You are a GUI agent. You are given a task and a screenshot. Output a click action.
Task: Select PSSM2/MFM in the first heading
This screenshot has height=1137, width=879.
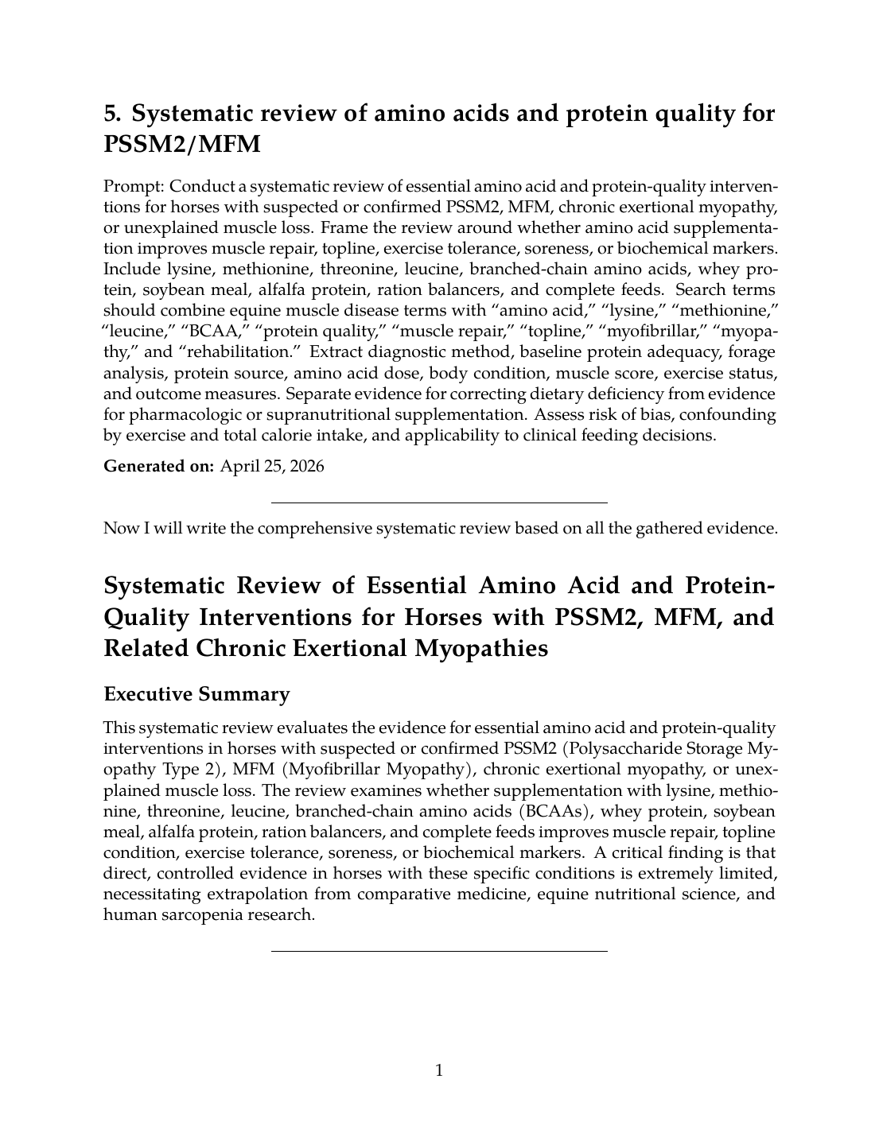pos(181,146)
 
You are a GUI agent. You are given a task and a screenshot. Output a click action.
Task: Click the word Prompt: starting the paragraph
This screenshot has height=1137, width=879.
pos(134,187)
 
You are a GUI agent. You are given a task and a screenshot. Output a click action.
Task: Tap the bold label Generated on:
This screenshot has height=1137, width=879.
pos(159,467)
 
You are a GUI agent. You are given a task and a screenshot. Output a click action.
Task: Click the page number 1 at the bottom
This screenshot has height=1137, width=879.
pos(439,1070)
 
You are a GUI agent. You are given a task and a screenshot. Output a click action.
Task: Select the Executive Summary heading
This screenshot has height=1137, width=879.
pos(196,694)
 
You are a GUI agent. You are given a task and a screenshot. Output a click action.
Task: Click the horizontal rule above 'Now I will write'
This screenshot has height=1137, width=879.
pos(439,503)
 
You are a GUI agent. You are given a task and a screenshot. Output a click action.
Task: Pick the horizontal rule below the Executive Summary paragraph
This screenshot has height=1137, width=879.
pos(439,950)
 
